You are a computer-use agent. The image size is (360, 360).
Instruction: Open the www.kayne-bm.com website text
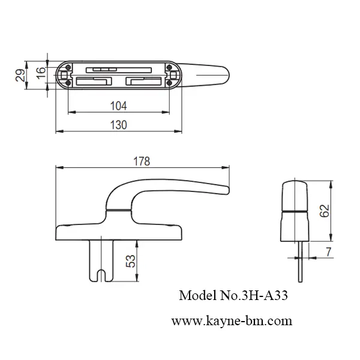232,321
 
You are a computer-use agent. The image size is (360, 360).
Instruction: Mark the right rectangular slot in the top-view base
143,80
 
